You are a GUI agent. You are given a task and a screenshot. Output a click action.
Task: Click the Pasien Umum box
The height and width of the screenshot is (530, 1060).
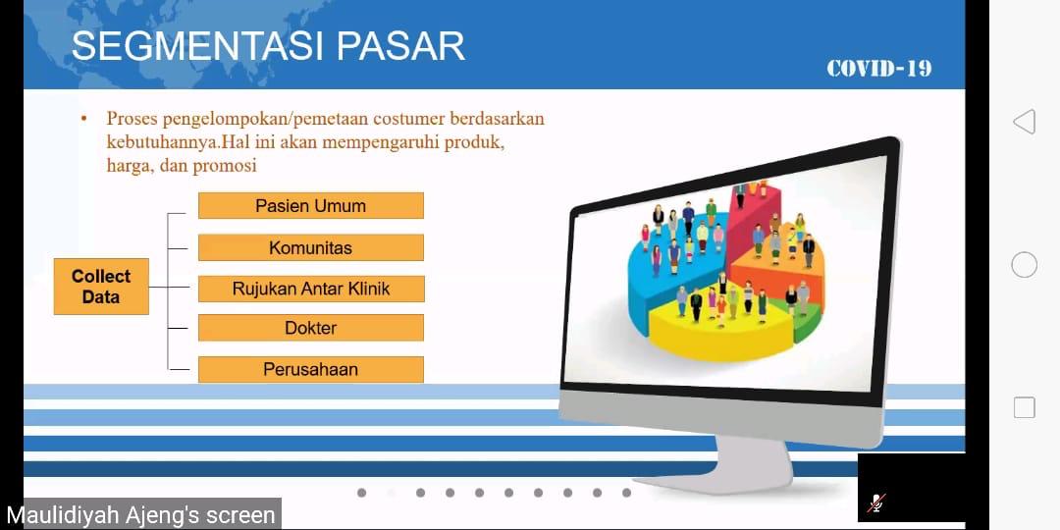pyautogui.click(x=311, y=205)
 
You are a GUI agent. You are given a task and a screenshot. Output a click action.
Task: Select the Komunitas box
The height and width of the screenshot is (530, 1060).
pyautogui.click(x=311, y=247)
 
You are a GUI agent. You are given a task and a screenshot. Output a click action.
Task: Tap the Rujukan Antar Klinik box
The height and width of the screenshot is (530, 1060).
pyautogui.click(x=311, y=289)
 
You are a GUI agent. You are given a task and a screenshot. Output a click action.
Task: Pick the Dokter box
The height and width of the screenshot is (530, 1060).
pyautogui.click(x=311, y=328)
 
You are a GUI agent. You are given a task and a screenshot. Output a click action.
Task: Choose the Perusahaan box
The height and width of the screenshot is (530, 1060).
pyautogui.click(x=311, y=370)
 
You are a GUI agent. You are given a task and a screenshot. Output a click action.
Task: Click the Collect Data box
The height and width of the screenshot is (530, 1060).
pyautogui.click(x=101, y=286)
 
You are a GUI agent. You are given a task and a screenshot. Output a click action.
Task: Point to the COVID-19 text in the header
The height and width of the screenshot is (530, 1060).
pyautogui.click(x=878, y=69)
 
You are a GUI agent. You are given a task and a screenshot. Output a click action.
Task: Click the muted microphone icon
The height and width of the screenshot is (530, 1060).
pyautogui.click(x=876, y=503)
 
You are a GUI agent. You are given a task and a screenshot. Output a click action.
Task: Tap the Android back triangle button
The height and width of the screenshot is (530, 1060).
pyautogui.click(x=1024, y=122)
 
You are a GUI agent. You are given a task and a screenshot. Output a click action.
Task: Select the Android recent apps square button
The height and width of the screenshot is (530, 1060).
pyautogui.click(x=1024, y=407)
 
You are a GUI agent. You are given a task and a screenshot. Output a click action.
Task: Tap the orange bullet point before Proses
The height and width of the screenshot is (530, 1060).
pyautogui.click(x=84, y=119)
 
